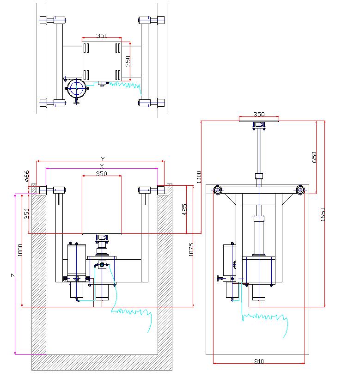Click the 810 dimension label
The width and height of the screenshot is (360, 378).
point(259,361)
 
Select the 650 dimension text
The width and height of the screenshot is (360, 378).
point(314,158)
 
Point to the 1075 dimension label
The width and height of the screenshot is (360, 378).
point(191,250)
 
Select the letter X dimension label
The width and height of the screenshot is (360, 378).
point(102,165)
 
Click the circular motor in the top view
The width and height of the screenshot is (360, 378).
point(76,89)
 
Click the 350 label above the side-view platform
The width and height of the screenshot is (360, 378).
point(259,114)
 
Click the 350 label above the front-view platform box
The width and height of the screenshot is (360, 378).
point(101,173)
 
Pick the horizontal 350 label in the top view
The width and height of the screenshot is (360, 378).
point(102,36)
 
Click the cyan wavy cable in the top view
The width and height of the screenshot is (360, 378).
point(125,85)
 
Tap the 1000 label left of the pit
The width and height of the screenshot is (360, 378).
point(19,250)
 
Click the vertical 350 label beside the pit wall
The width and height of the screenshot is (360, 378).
point(27,213)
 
